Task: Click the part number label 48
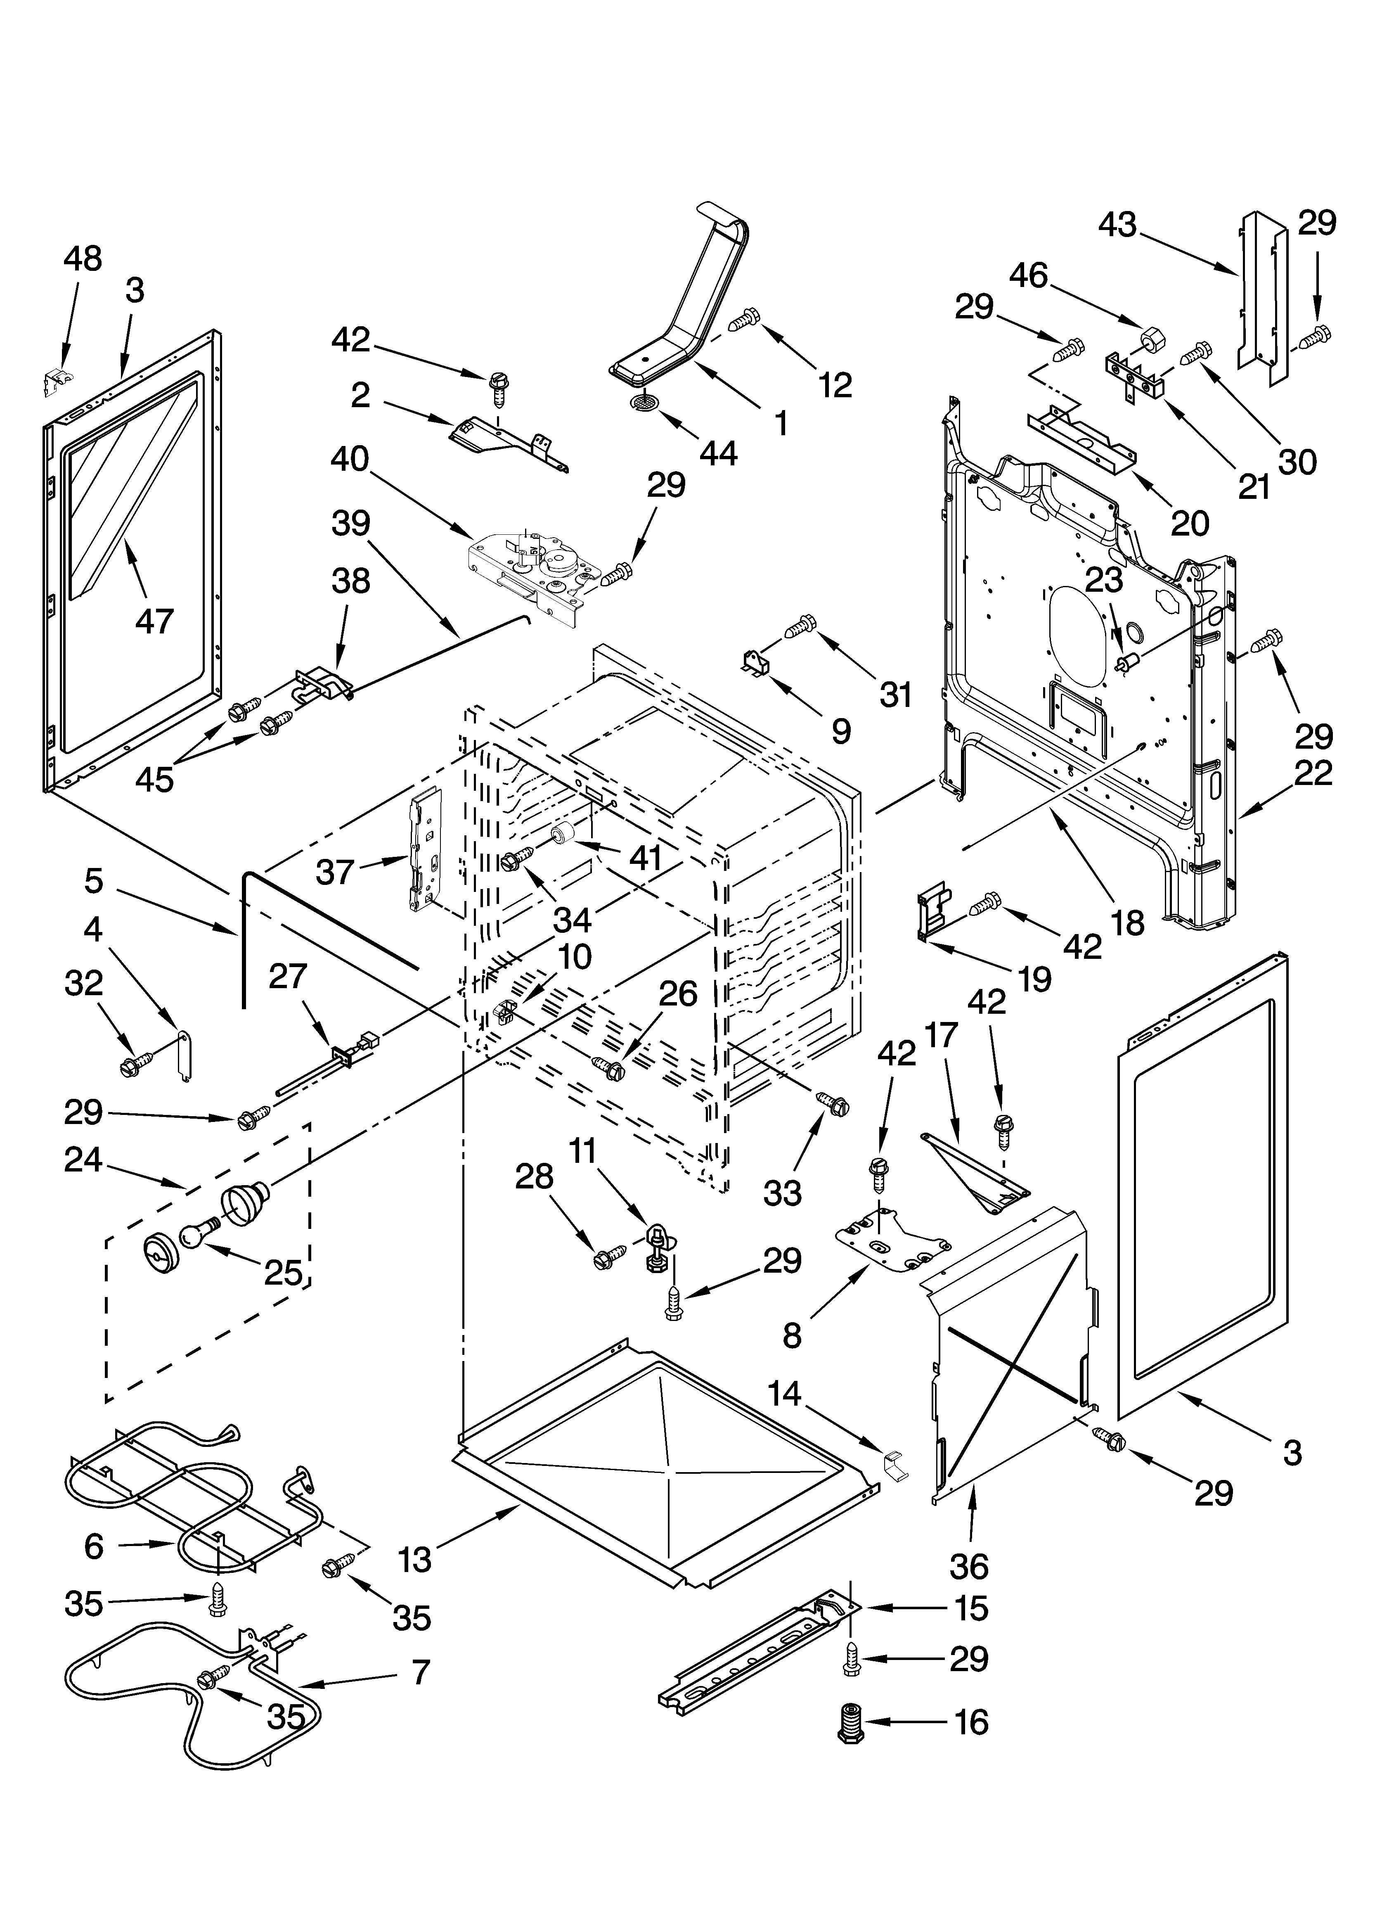(83, 258)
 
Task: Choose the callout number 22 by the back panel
(1313, 772)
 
